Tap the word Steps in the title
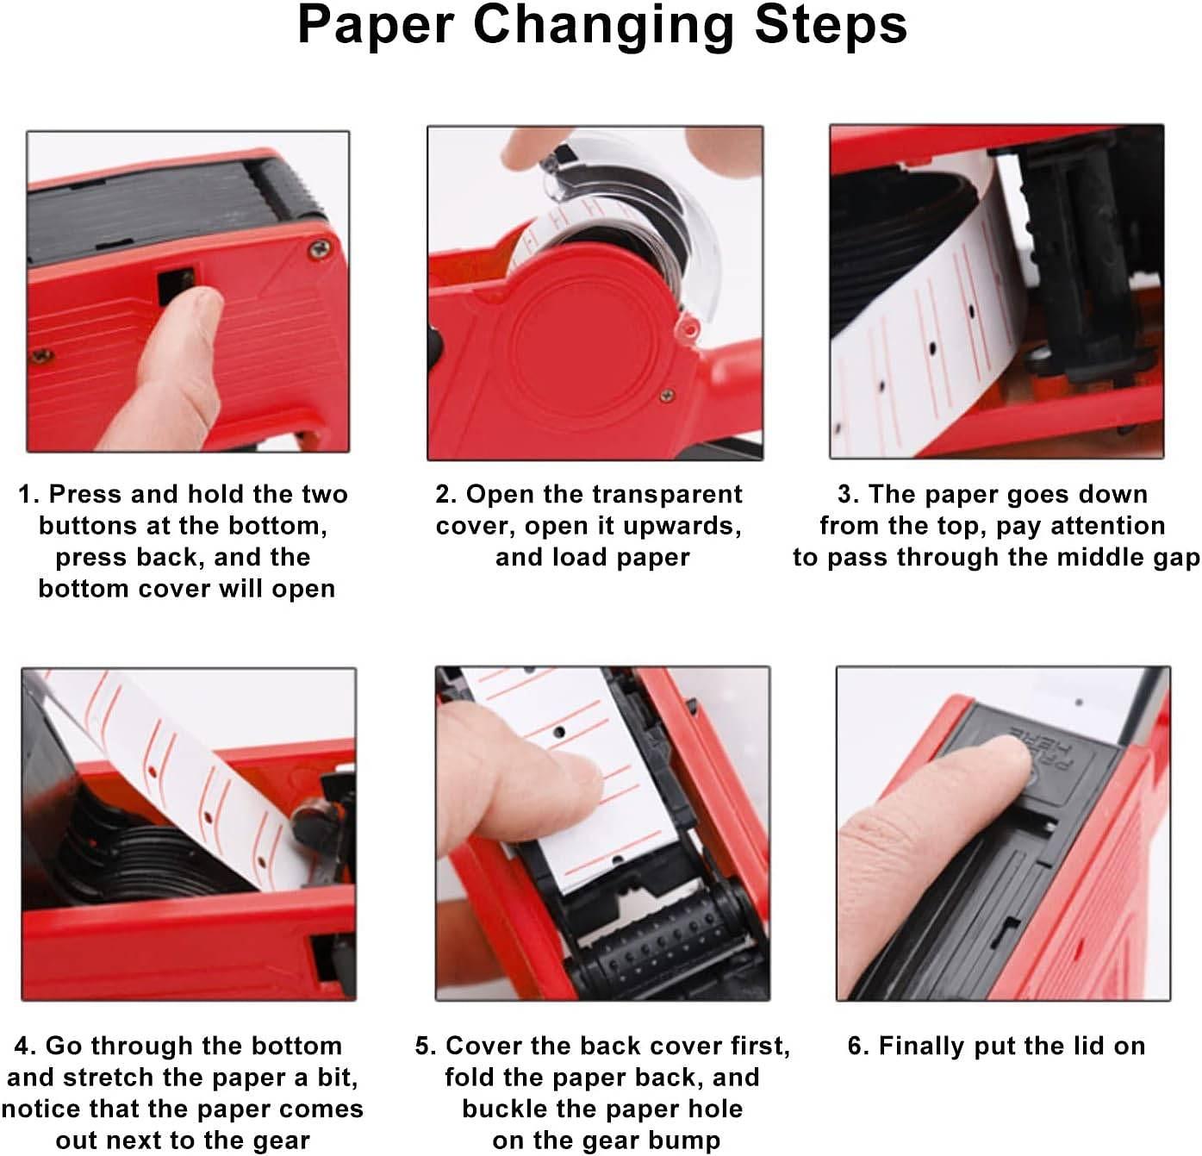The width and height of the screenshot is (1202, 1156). (831, 25)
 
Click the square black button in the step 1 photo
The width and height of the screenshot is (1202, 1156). (177, 284)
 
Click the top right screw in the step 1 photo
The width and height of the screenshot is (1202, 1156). (319, 249)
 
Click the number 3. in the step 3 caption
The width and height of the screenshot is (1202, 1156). (849, 494)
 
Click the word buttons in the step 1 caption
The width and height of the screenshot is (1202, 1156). (88, 526)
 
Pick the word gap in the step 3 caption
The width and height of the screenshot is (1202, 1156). (1178, 559)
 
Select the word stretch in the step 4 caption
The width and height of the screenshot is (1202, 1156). (112, 1077)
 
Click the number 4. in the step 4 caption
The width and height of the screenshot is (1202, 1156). (26, 1046)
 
